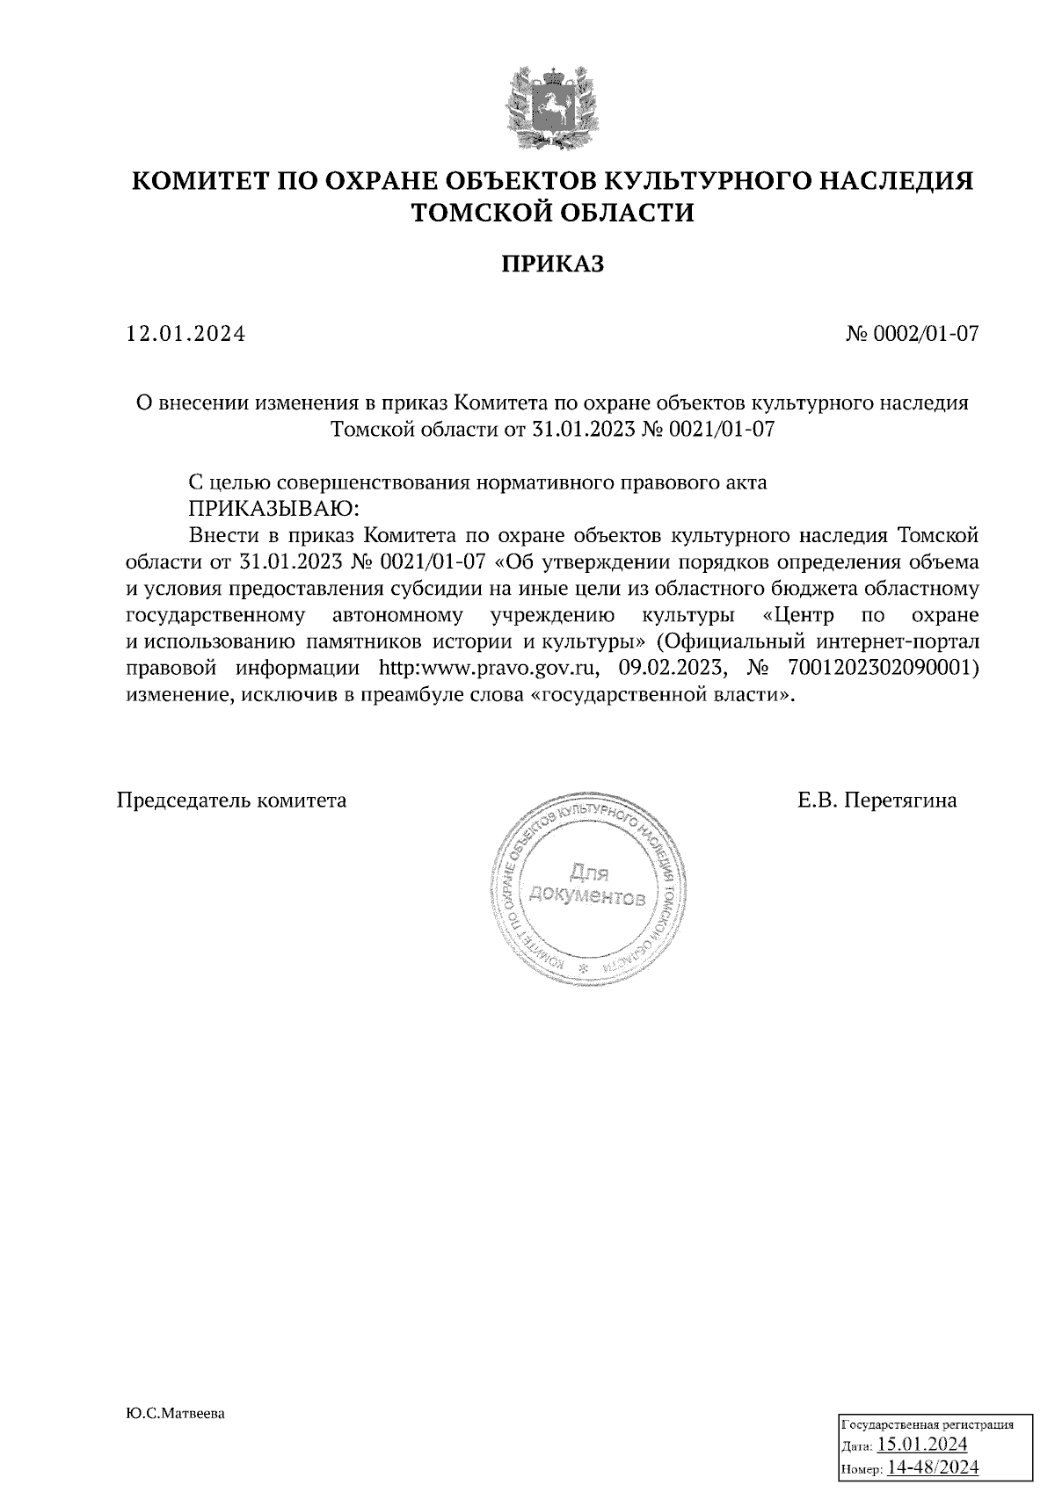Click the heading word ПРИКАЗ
point(553,264)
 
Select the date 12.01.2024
point(186,335)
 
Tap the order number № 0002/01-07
point(912,335)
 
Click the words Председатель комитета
point(232,800)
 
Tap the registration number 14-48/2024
point(934,1467)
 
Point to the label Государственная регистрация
point(928,1424)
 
